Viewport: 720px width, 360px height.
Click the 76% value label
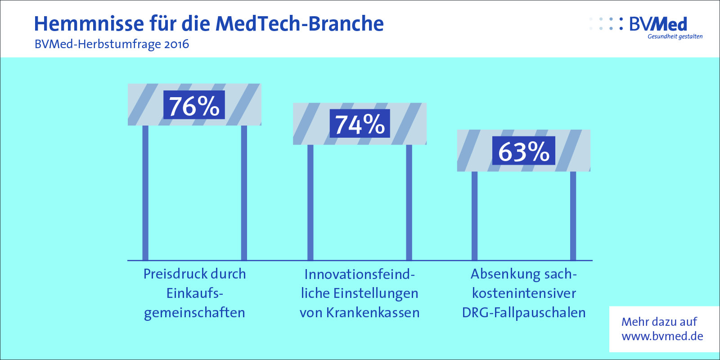click(194, 105)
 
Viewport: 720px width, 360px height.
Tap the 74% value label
click(360, 123)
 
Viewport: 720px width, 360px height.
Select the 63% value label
click(524, 151)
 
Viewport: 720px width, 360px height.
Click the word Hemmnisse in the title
click(89, 23)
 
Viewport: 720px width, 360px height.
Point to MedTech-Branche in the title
click(300, 23)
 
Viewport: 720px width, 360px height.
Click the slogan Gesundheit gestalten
click(675, 36)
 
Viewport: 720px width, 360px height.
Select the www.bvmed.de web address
click(662, 336)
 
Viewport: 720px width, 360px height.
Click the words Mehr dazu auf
click(659, 322)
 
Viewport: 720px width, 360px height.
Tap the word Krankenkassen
click(373, 313)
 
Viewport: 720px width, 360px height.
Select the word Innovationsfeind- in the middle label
click(360, 274)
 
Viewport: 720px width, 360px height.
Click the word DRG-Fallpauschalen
click(524, 313)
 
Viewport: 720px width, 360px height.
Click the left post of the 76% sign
click(145, 193)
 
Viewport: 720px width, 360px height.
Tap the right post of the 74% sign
click(409, 202)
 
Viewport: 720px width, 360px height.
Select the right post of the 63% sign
click(573, 216)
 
